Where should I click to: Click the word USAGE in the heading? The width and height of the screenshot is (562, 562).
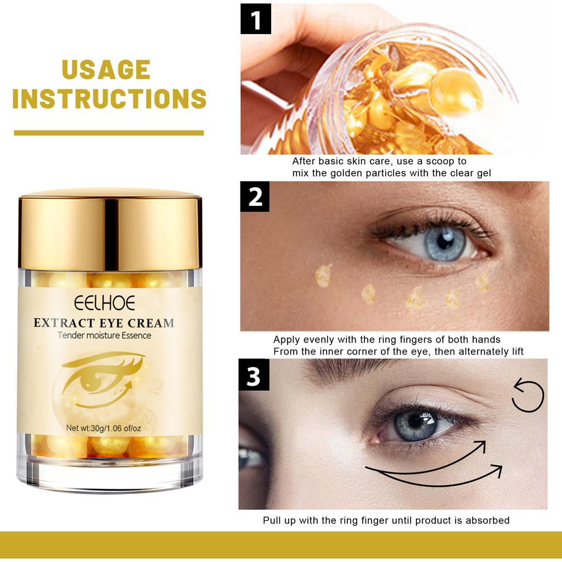(106, 70)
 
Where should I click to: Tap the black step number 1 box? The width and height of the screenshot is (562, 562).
(255, 20)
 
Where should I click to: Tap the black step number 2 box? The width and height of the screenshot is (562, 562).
(255, 197)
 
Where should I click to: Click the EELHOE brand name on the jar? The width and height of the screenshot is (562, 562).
(103, 304)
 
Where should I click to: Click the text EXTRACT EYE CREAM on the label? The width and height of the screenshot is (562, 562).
(104, 322)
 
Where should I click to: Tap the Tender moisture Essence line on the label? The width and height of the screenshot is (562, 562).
(104, 335)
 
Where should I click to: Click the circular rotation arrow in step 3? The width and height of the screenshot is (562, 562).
(529, 395)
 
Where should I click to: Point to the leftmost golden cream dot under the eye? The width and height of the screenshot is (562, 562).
(323, 276)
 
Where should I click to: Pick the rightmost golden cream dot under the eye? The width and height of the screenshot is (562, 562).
(482, 283)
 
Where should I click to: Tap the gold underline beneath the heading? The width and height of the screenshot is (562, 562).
(109, 133)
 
